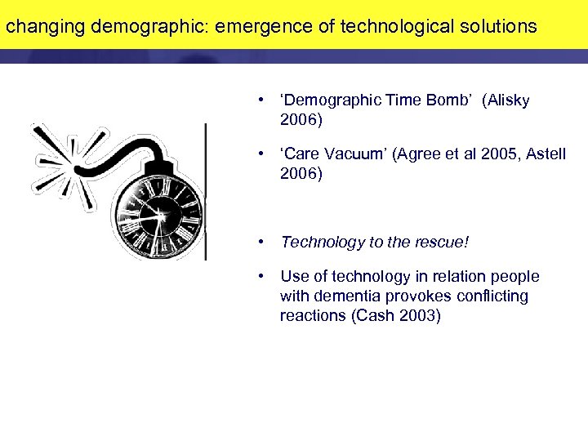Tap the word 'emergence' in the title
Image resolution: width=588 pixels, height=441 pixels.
pos(259,26)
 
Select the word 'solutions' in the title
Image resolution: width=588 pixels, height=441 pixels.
pos(497,26)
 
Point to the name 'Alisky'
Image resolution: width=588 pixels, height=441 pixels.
pos(508,100)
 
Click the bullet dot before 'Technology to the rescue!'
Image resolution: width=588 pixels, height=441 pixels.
pos(261,243)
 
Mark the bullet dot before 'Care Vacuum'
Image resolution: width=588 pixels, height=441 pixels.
pos(261,154)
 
